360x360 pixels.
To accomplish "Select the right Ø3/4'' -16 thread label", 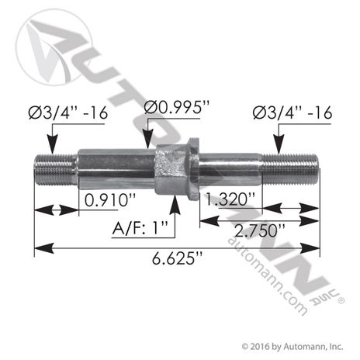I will [292, 114].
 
